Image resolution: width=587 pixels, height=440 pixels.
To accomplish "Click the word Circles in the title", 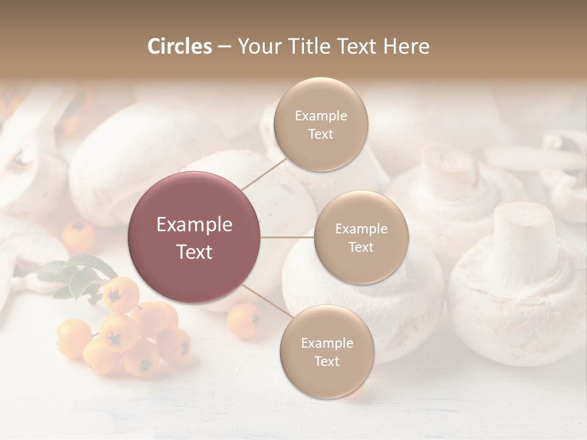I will pos(179,46).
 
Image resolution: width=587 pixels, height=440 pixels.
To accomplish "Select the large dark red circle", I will pos(194,237).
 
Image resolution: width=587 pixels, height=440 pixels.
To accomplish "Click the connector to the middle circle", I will pos(287,237).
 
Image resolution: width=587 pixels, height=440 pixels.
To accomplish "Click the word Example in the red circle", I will pos(194,225).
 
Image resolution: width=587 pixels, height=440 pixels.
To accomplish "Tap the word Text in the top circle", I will pos(320,134).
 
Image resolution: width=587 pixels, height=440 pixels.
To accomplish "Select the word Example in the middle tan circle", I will pos(361,229).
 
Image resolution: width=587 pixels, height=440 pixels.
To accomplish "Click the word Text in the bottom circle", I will pos(327,361).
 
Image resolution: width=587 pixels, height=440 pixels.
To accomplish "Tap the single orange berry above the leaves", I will pos(79,236).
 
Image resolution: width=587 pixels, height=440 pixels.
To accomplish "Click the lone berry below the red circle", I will pos(244,320).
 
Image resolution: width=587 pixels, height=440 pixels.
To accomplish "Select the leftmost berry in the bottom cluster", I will pos(74,338).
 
